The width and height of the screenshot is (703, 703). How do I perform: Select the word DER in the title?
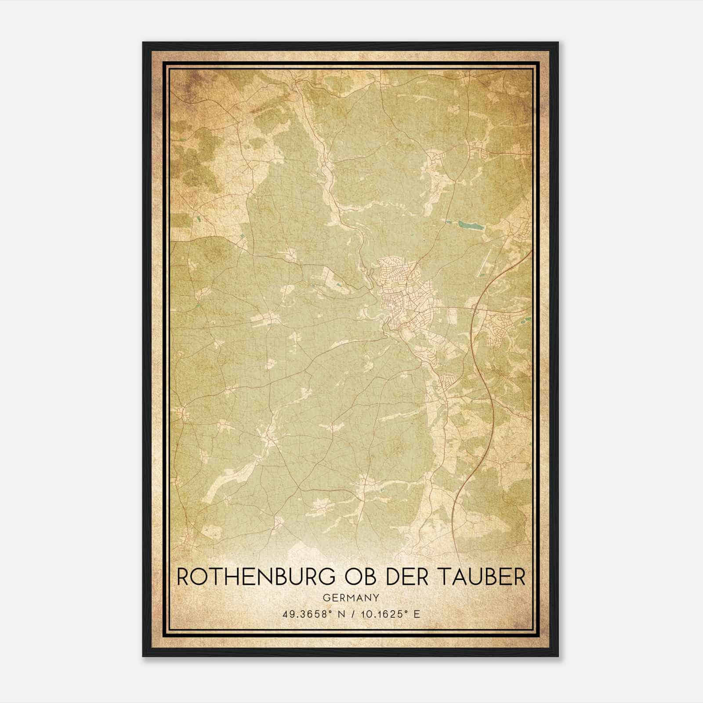407,577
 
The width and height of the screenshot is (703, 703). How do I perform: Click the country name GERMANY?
351,598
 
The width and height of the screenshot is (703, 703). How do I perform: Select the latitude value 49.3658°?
306,614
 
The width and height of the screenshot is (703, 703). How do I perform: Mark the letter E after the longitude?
417,614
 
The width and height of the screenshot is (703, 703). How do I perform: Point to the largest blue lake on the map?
471,226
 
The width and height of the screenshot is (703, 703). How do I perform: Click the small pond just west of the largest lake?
448,221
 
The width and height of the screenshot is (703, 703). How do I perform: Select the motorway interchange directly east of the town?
475,308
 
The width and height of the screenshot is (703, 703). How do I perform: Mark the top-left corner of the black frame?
143,43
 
